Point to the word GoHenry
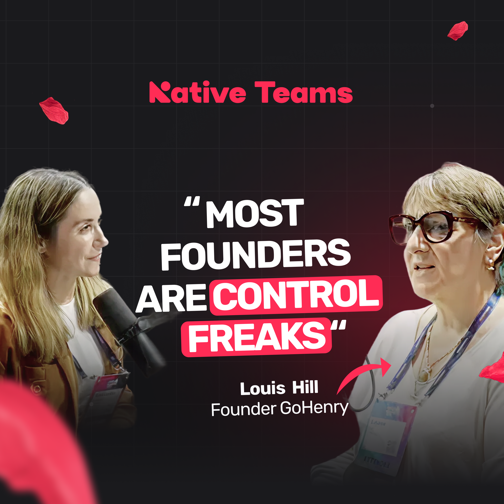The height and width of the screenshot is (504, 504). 314,408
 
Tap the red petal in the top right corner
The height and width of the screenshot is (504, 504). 458,31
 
